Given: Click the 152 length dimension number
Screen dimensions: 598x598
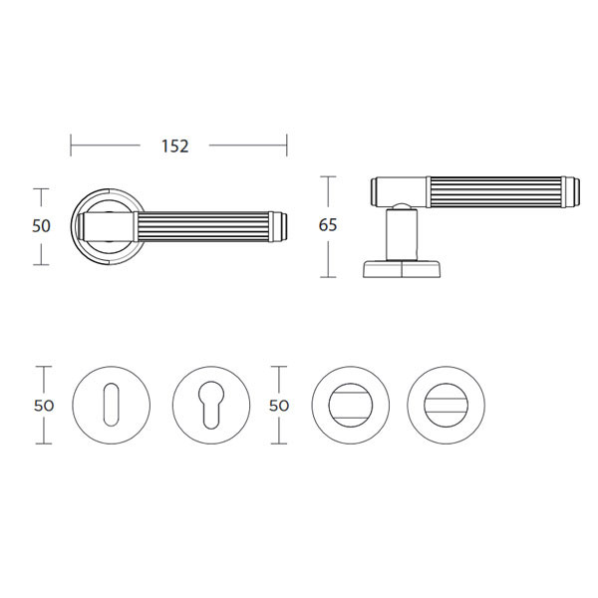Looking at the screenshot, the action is tap(175, 147).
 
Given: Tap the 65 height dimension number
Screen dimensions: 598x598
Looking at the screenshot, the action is tap(328, 225).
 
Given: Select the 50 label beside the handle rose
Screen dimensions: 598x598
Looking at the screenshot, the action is tap(41, 226).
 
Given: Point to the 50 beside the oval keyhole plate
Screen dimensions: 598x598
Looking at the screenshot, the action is tap(44, 406).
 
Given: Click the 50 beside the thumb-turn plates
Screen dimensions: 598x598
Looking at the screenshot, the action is tap(279, 406).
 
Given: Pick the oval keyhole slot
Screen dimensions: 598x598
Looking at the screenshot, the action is tap(111, 405).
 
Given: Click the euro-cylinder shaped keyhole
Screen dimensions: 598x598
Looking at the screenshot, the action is tap(211, 405).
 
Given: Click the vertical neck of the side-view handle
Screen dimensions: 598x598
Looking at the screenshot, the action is tap(402, 234).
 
